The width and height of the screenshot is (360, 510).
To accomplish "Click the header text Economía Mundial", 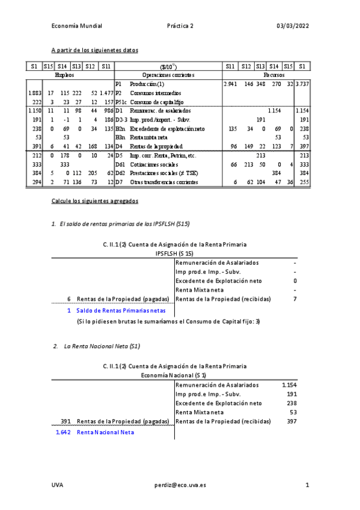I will pos(77,26).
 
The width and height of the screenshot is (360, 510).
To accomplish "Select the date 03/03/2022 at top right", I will pos(293,26).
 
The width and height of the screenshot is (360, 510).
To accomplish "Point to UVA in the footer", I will pos(57,484).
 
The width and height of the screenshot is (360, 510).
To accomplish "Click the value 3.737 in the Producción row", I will pos(302,84).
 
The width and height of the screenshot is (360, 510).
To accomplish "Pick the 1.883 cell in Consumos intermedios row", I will pos(34,93).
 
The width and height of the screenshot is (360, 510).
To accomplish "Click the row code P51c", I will pos(121,102).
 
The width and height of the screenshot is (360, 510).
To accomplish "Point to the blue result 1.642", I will pos(63,432).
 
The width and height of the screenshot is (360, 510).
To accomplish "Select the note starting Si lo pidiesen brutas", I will pos(168,322).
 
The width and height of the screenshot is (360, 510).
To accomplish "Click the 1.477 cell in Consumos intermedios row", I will pos(106,93).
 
